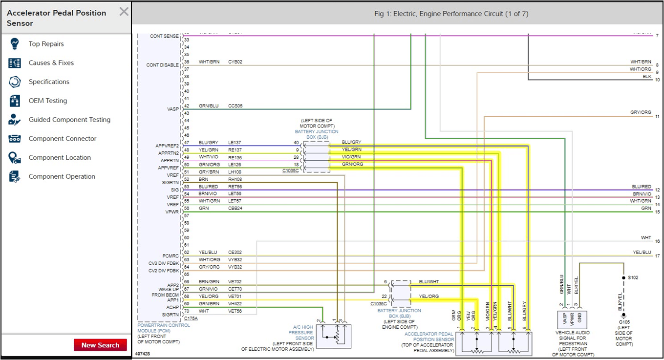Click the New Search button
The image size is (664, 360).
coord(100,345)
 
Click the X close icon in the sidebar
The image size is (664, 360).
coord(124,12)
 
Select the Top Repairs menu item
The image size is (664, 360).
coord(46,44)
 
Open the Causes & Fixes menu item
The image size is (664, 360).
coord(51,63)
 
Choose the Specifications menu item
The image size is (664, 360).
coord(49,82)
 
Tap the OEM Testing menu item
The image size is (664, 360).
coord(47,101)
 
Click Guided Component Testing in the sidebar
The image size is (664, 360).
coord(69,120)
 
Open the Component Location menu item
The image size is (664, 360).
coord(60,157)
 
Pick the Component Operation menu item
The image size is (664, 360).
coord(62,176)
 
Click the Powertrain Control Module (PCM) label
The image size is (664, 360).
coord(163,328)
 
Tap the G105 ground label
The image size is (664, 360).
coord(623,322)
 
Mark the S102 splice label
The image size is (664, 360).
coord(633,277)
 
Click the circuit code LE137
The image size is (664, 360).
coord(235,143)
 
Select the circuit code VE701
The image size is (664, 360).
coord(235,296)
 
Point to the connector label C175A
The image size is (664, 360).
coord(191,318)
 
